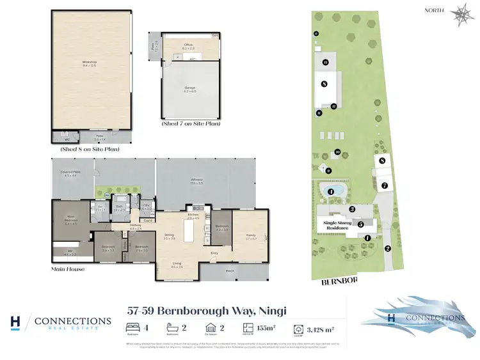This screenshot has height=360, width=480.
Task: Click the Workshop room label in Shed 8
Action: (90, 64)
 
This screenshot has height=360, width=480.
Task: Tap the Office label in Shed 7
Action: (188, 47)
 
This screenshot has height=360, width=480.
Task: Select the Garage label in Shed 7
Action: (189, 90)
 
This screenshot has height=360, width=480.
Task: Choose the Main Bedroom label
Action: (72, 221)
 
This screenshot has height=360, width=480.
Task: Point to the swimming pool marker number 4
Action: (331, 191)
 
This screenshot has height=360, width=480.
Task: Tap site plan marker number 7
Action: (385, 186)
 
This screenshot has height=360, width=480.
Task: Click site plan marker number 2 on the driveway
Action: (387, 249)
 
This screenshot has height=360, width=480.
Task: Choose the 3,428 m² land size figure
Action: (320, 330)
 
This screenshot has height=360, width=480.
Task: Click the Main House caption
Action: (68, 269)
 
